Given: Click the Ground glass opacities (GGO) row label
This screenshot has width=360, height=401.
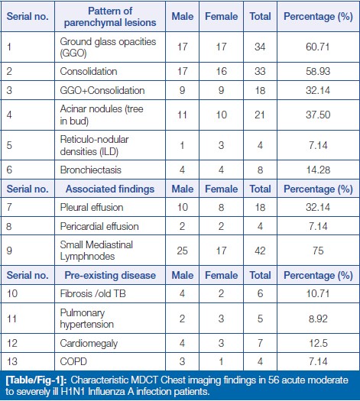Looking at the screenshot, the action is point(108,47).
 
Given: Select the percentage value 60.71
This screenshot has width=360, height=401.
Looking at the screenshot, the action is point(318,47).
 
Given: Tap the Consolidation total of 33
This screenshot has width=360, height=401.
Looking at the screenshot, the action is point(260,71).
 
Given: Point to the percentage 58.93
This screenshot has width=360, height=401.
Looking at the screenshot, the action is point(318,71).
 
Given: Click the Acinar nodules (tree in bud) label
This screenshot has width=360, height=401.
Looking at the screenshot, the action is point(102,115).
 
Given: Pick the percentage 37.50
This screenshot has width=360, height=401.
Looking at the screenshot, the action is point(318,115).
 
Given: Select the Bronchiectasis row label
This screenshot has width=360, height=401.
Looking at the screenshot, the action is point(91,170).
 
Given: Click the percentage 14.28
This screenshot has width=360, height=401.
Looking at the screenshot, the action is point(318,170).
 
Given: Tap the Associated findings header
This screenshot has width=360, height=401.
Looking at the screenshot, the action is point(110,189).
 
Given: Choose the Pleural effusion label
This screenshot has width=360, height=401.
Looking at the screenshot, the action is point(92,207).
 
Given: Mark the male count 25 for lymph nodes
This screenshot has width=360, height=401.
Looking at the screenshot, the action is point(182,251).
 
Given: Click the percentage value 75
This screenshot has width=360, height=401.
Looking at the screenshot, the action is point(318,251).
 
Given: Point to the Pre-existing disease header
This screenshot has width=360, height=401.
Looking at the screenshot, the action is point(110,275).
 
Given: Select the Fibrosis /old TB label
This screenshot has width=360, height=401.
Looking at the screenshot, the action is point(93,293).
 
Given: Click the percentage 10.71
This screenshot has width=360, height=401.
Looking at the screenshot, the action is point(318,293).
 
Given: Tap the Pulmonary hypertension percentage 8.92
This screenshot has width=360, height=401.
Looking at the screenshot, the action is point(318,319).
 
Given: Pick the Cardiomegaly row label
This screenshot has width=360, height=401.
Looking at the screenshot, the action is point(89,343).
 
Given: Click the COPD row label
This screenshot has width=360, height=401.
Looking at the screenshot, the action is point(73,361).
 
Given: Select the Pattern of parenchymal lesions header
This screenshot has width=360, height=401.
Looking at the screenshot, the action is point(110,17).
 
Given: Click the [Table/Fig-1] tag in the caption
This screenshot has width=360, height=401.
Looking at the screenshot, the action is point(36,380).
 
